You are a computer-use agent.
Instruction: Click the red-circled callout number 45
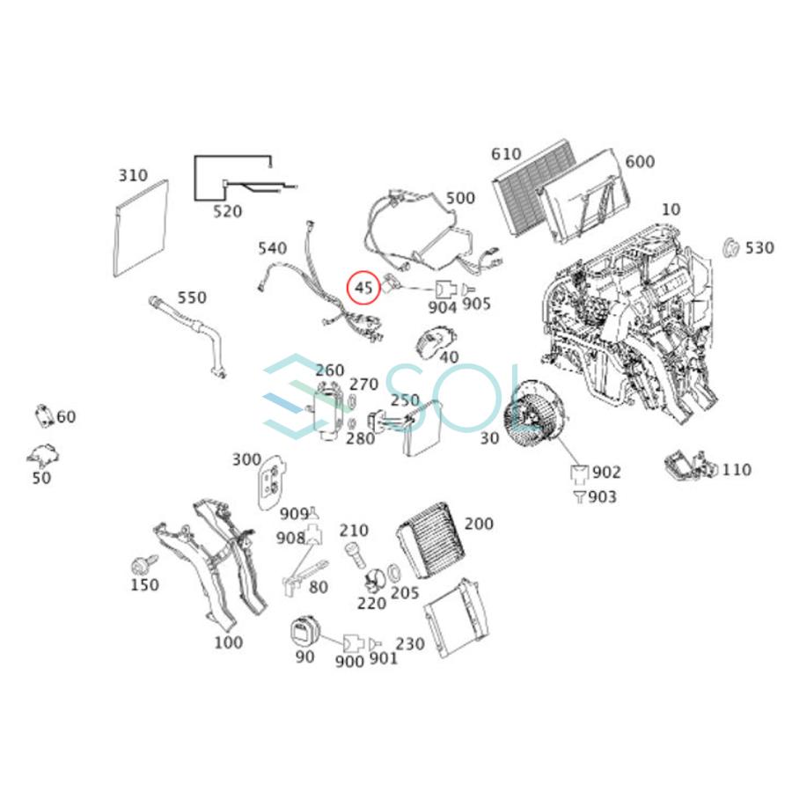[364, 287]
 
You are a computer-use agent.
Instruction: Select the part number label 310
[133, 176]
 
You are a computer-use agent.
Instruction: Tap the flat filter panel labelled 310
[141, 227]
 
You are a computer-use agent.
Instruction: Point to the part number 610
[506, 155]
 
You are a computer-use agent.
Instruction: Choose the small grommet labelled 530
[729, 247]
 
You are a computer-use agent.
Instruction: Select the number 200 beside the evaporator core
[479, 524]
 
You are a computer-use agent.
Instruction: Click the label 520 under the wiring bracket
[227, 212]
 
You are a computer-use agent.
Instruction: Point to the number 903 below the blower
[603, 497]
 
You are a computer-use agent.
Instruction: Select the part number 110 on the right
[737, 470]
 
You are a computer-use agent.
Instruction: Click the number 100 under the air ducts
[228, 642]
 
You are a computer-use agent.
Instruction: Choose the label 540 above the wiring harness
[272, 249]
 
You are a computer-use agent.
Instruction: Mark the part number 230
[409, 644]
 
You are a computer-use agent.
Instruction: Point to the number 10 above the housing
[671, 209]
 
